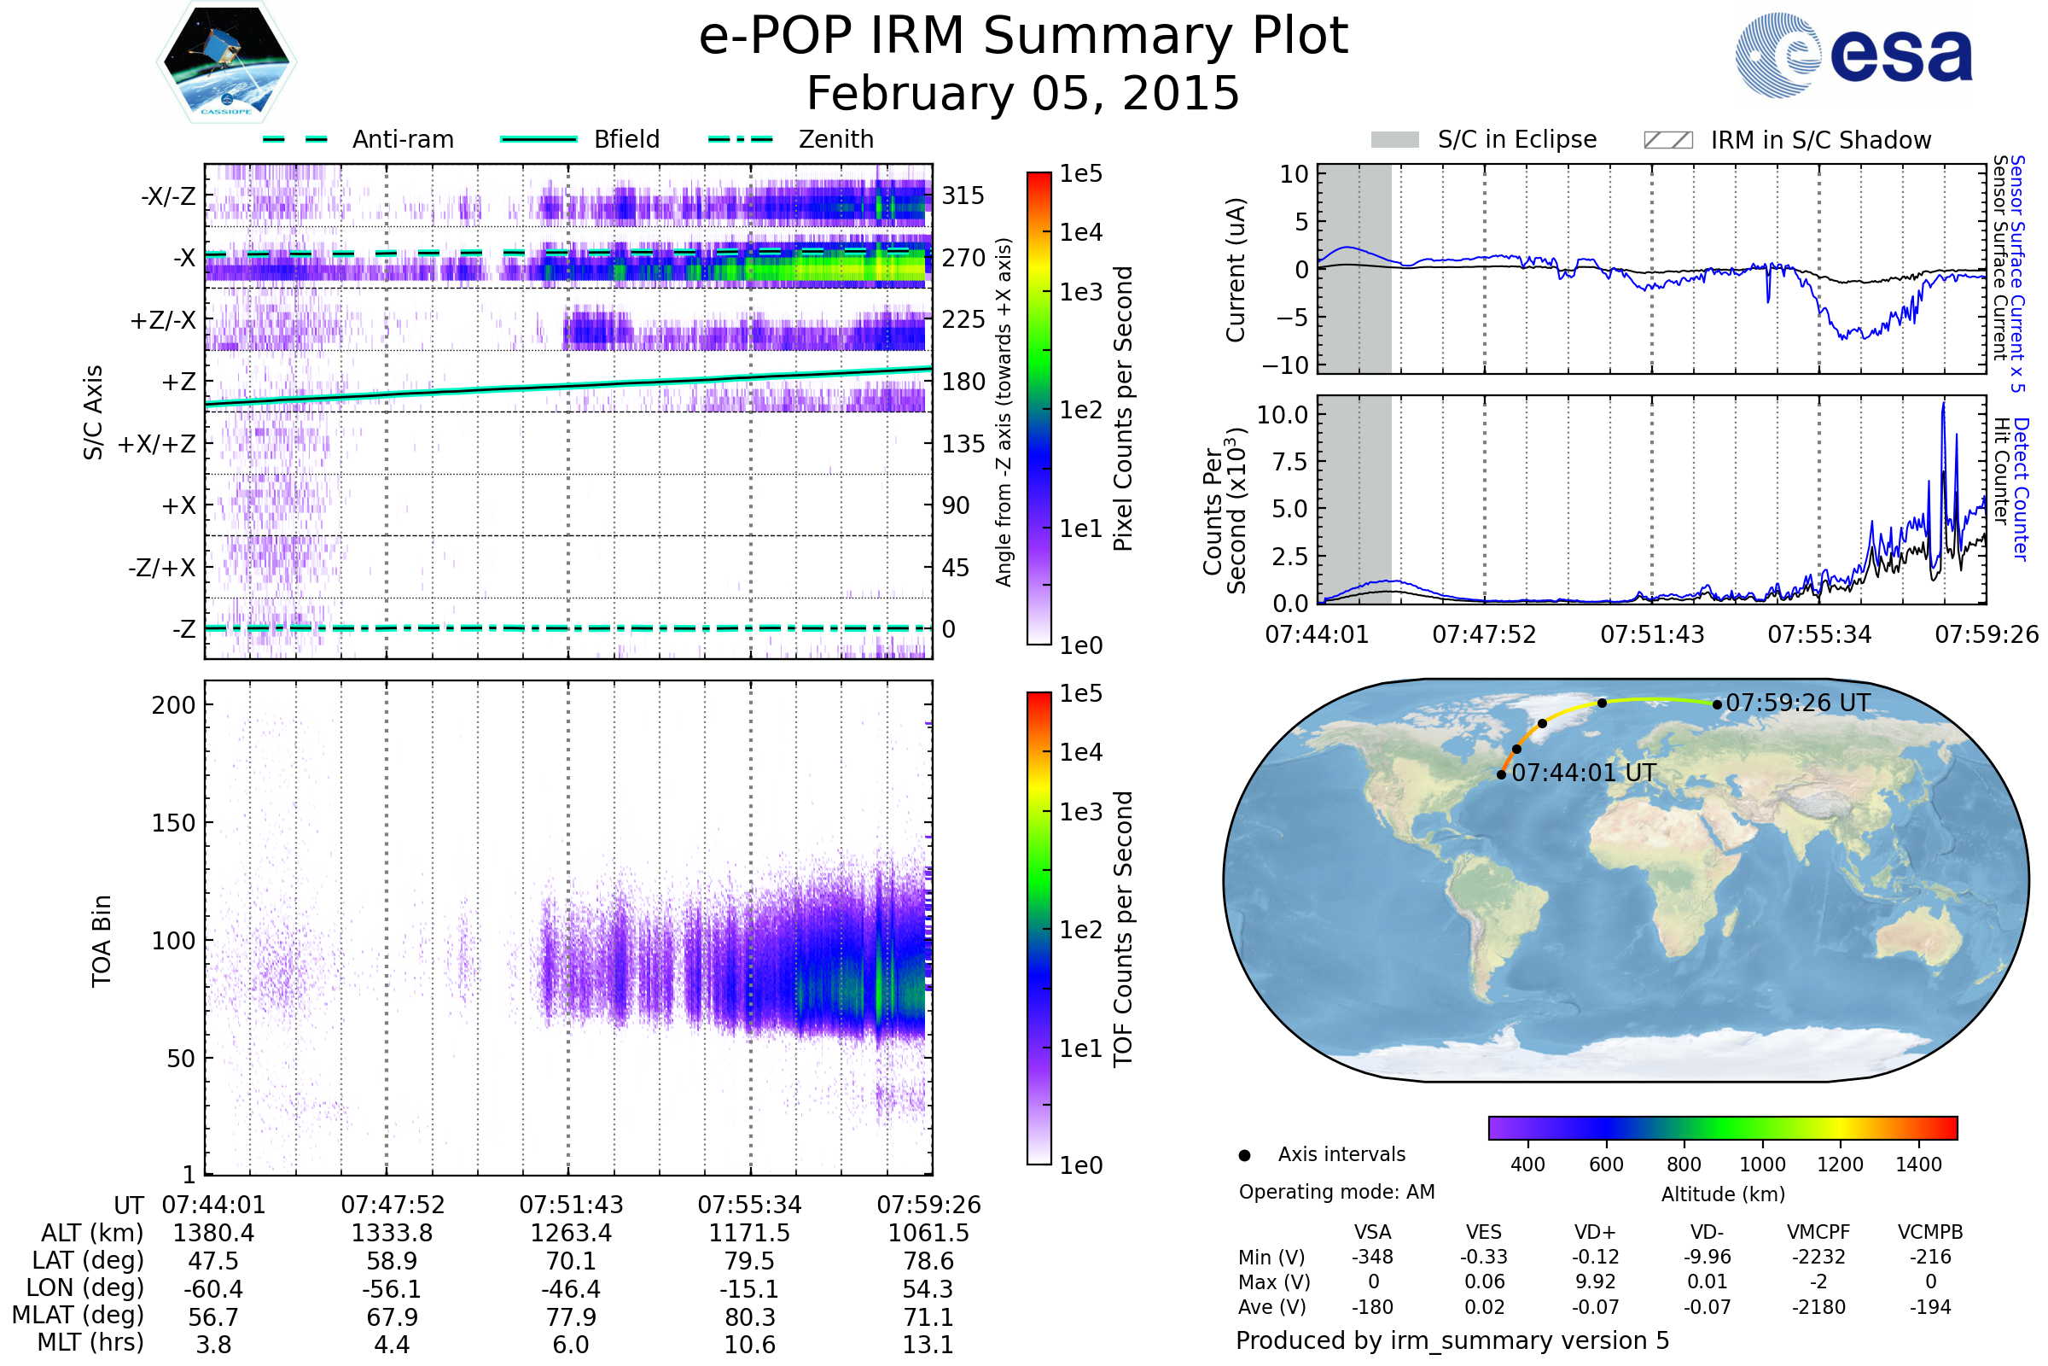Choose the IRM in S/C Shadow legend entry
(x=1787, y=140)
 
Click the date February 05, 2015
(x=1023, y=94)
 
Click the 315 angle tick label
(x=963, y=196)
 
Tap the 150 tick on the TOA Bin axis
(x=173, y=823)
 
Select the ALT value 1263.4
(x=571, y=1233)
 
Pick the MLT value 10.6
(x=750, y=1344)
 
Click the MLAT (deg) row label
(x=79, y=1316)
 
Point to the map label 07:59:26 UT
(x=1797, y=703)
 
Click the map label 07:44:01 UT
(x=1584, y=773)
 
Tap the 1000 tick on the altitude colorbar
(x=1761, y=1165)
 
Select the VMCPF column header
(x=1818, y=1233)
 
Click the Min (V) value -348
(x=1372, y=1257)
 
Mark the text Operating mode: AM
(x=1336, y=1192)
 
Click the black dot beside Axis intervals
(x=1245, y=1156)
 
